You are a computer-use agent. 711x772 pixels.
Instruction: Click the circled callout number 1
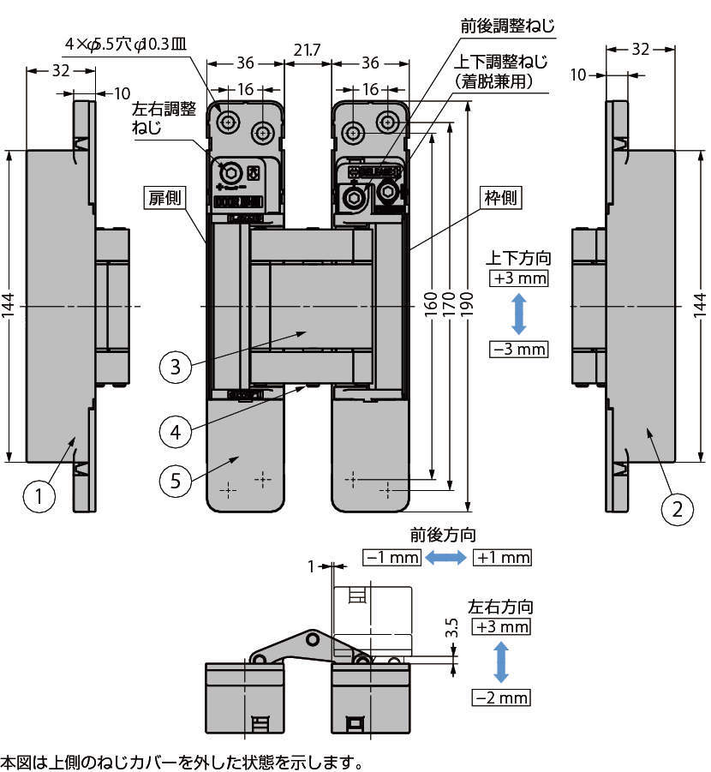[39, 496]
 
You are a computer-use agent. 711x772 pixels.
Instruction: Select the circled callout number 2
[677, 509]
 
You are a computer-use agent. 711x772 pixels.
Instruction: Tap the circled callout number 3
[176, 367]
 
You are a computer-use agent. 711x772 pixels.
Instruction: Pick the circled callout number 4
[176, 432]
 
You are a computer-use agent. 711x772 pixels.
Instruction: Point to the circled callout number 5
[176, 481]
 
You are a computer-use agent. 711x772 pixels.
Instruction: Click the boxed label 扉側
[165, 197]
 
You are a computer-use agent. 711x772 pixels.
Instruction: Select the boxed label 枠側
[501, 197]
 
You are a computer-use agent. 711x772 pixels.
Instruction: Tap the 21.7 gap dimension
[308, 50]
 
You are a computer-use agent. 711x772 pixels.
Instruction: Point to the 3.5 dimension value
[451, 628]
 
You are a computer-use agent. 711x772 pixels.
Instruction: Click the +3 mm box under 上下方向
[519, 278]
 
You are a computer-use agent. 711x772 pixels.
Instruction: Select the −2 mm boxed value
[501, 697]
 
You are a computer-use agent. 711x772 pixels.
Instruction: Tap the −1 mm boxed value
[392, 557]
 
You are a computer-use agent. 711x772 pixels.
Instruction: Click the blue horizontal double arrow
[446, 557]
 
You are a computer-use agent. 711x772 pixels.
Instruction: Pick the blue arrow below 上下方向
[518, 314]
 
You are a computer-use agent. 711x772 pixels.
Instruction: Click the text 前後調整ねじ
[508, 25]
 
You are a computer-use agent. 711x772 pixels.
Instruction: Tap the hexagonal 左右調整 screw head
[230, 172]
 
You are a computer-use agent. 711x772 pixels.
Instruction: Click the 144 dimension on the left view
[9, 306]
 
